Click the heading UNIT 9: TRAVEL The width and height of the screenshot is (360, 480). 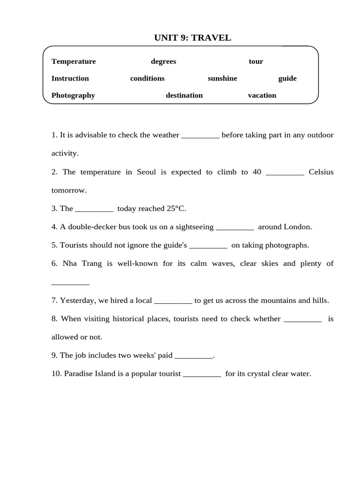[x=193, y=38]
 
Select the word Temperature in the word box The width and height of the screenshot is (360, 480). [x=74, y=61]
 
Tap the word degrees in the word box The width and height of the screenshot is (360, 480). [x=164, y=61]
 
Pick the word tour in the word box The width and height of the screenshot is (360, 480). [x=256, y=61]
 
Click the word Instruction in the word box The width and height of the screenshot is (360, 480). [x=70, y=78]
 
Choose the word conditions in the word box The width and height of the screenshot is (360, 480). [x=147, y=78]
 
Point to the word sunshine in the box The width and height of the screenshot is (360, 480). [x=222, y=78]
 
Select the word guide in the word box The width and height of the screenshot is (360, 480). [x=287, y=78]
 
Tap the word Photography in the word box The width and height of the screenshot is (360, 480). [x=73, y=95]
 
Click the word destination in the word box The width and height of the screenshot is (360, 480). [x=184, y=95]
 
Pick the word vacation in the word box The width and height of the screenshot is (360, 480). [x=262, y=95]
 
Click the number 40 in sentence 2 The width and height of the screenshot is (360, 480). [x=256, y=172]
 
